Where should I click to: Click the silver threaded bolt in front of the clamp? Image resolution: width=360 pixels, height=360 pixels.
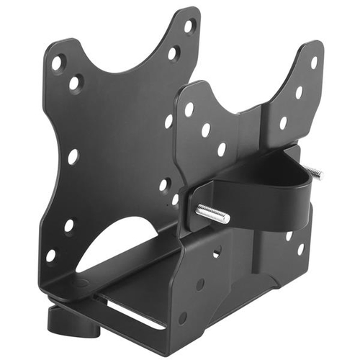pos(212,214)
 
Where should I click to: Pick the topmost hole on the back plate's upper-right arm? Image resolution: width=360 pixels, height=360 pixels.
pos(189,26)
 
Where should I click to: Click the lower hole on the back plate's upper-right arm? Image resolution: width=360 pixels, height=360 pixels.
pos(174,52)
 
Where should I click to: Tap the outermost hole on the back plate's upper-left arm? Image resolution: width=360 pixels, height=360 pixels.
pos(56,63)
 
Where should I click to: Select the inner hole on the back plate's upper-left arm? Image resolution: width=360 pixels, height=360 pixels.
pos(74,84)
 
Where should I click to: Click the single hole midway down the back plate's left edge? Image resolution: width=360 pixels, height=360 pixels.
pos(73,156)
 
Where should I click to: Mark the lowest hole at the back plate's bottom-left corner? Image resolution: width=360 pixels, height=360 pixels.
pos(51,255)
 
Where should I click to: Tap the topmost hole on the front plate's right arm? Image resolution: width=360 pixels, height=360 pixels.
pos(314,63)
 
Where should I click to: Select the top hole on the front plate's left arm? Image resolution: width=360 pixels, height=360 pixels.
pos(189,109)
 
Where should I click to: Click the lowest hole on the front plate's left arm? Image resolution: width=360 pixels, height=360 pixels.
pos(221,149)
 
